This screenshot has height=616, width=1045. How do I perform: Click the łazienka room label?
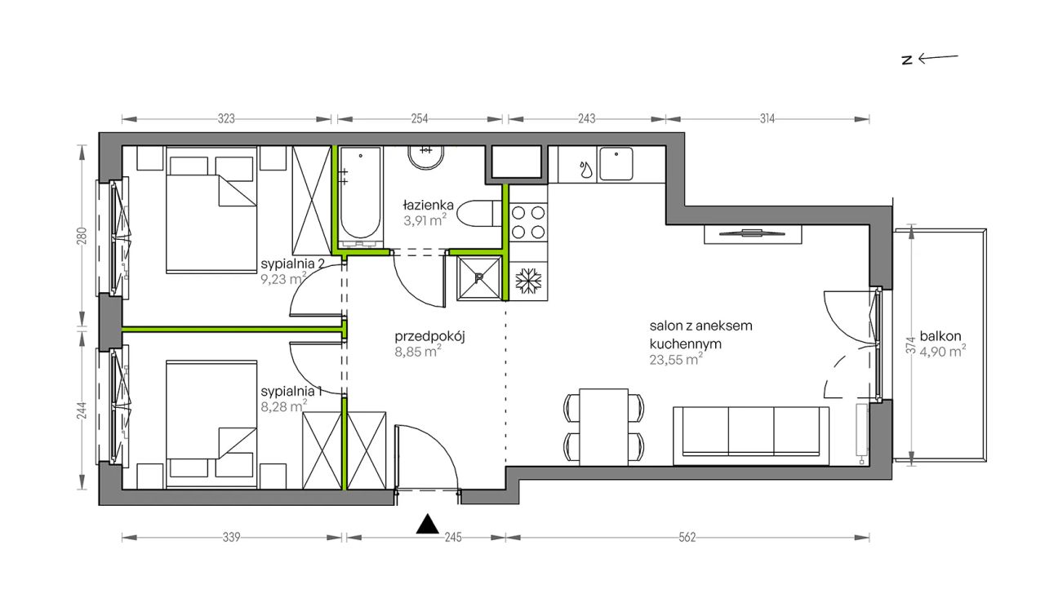[x=429, y=205]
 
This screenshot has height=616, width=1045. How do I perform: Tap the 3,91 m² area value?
[x=425, y=220]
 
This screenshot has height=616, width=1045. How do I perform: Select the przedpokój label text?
[x=429, y=337]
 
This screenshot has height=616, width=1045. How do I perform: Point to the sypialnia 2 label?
[x=292, y=264]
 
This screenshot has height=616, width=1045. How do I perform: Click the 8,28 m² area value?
[x=283, y=406]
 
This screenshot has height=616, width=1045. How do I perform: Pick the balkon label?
[x=940, y=336]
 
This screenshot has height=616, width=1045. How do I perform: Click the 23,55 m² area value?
[x=676, y=360]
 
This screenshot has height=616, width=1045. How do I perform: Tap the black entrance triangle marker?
[x=427, y=524]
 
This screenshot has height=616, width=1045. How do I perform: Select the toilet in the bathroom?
[x=479, y=214]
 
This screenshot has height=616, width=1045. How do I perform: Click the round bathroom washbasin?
[x=426, y=157]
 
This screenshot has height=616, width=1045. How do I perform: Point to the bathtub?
[x=360, y=197]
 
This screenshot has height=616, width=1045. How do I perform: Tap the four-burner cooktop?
[x=528, y=222]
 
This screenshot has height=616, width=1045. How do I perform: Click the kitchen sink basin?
[x=616, y=164]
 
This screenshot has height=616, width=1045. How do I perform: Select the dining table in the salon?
[x=603, y=428]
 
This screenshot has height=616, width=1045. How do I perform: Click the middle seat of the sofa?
[x=751, y=431]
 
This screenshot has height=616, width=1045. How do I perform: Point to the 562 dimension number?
[x=687, y=538]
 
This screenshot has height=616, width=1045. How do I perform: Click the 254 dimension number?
[x=420, y=119]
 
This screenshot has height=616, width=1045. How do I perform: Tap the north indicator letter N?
[x=907, y=60]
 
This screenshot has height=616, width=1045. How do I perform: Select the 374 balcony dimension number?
[x=911, y=345]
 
